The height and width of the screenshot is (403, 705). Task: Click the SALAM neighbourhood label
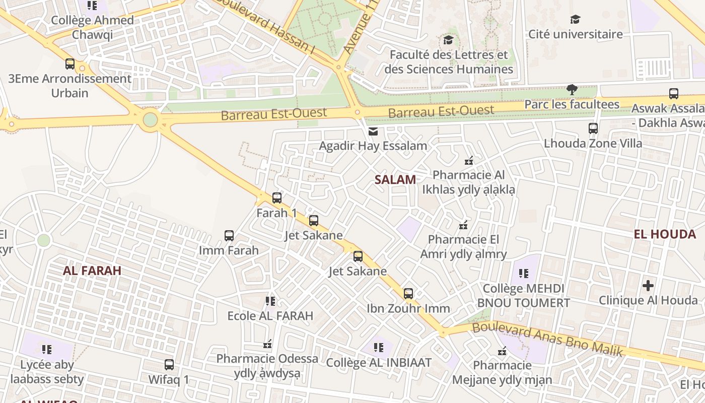tap(395, 179)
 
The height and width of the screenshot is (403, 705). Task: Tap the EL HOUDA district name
tap(665, 234)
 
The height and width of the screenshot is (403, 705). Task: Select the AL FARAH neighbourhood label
tap(92, 271)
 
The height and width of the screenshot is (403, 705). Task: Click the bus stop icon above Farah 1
tap(277, 198)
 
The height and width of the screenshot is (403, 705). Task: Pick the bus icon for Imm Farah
tap(229, 236)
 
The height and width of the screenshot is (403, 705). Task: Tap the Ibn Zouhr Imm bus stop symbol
tap(408, 294)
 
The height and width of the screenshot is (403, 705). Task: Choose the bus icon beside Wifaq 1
tap(169, 365)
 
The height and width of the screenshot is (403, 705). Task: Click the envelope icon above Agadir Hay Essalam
tap(373, 131)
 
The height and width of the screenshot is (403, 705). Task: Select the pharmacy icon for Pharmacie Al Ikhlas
tap(469, 161)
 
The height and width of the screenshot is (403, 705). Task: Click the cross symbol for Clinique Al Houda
tap(648, 286)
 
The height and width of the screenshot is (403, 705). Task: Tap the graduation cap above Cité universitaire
tap(575, 20)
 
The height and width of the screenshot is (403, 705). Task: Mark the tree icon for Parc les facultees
tap(572, 90)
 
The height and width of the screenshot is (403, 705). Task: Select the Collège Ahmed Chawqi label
tap(93, 27)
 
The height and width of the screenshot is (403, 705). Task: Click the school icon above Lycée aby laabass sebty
tap(47, 350)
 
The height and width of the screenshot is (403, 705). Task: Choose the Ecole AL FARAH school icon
tap(270, 301)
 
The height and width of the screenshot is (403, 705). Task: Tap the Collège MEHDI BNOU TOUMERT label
tap(524, 296)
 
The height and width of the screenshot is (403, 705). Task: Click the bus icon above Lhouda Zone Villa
tap(593, 128)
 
